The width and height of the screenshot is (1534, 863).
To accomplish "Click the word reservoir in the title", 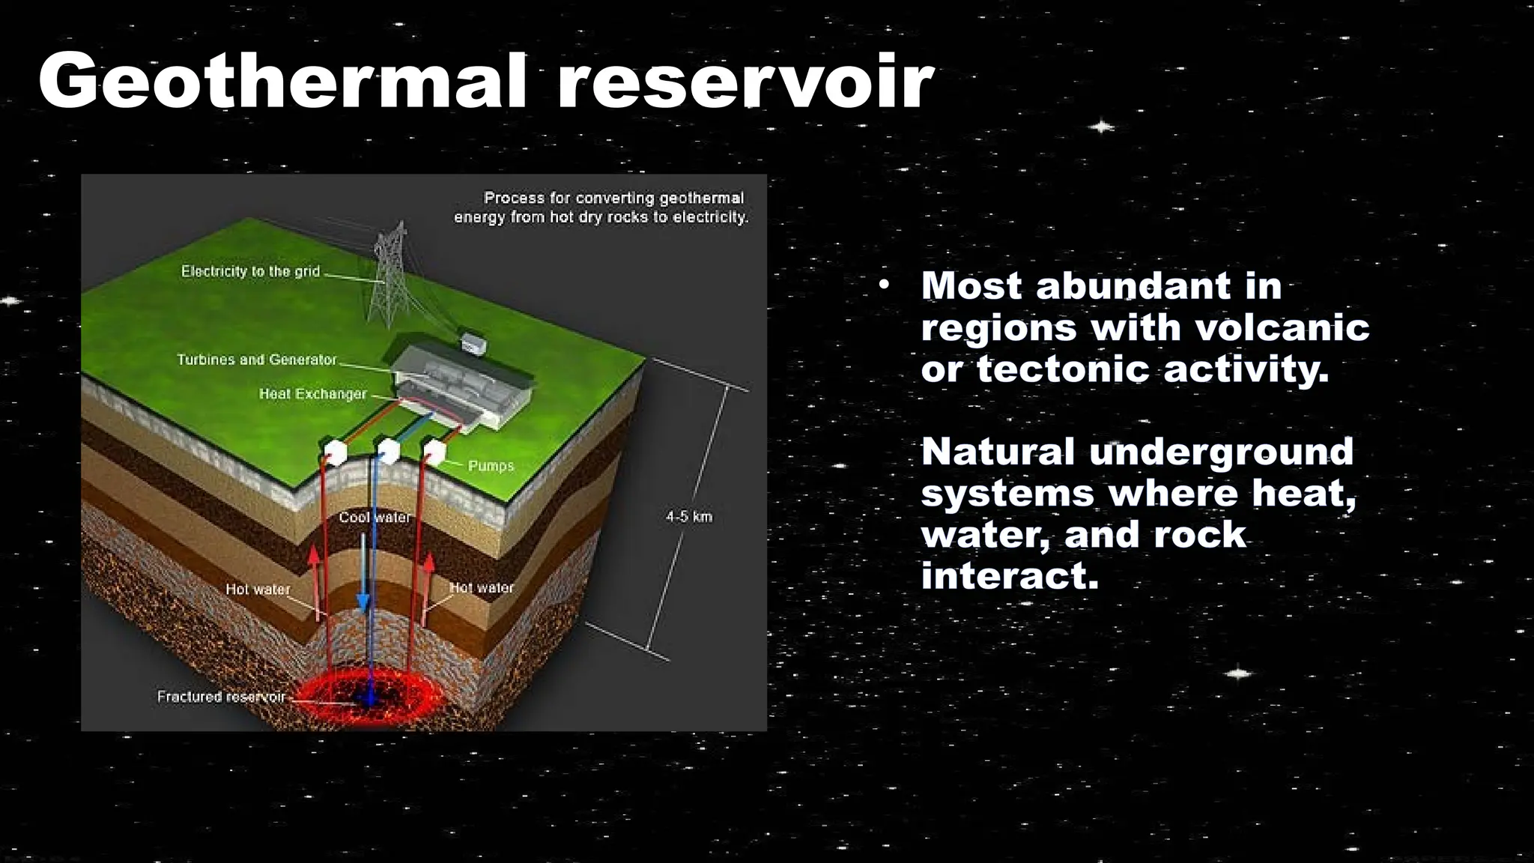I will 745,81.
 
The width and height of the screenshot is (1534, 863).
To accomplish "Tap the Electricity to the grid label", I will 250,271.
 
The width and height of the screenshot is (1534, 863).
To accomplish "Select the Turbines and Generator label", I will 257,360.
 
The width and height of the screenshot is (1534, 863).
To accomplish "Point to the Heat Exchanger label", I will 312,394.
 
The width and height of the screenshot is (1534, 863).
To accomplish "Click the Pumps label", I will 491,466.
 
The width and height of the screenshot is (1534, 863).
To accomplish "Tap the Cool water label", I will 375,518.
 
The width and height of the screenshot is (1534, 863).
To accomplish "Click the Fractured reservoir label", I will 221,697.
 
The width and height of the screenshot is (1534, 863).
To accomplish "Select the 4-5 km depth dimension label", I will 689,517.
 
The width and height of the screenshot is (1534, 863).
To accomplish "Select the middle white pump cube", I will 388,452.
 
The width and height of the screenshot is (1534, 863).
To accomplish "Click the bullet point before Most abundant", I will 885,285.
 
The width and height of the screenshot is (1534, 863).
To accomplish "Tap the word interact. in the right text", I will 1009,576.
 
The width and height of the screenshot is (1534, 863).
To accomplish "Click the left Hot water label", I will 258,590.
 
